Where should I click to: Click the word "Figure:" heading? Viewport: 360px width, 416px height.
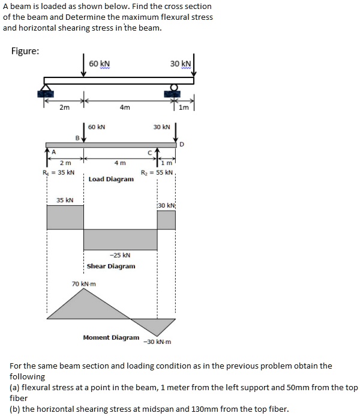pos(26,50)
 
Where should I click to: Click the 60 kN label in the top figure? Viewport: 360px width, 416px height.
pos(99,64)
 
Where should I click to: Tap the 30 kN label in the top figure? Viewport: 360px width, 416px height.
pos(180,64)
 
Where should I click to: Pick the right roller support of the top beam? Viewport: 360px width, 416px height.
pos(174,92)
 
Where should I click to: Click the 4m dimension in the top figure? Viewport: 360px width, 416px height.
pos(124,108)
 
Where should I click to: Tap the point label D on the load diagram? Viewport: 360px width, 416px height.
pos(182,144)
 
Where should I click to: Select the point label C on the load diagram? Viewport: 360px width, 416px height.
pos(158,152)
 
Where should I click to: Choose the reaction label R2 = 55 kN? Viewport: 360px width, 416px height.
pos(157,172)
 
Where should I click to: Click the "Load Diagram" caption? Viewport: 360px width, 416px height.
pos(111,179)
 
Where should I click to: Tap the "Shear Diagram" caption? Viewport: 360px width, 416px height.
pos(111,266)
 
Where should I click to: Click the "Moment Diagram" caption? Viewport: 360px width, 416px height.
pos(111,337)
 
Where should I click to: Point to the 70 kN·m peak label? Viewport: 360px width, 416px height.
pos(84,283)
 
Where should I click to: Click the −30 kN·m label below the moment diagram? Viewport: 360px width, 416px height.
pos(157,342)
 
